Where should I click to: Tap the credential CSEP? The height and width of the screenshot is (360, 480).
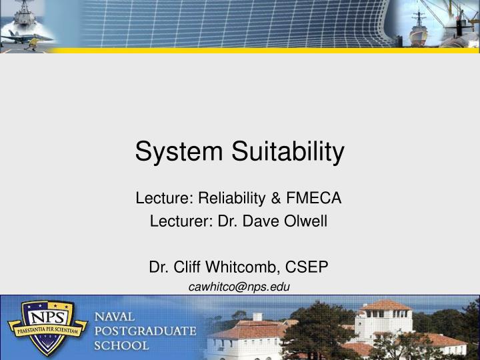[x=308, y=267]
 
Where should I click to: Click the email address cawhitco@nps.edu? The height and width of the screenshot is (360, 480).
[x=239, y=287]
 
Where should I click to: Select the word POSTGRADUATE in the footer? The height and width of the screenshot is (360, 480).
[x=145, y=331]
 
